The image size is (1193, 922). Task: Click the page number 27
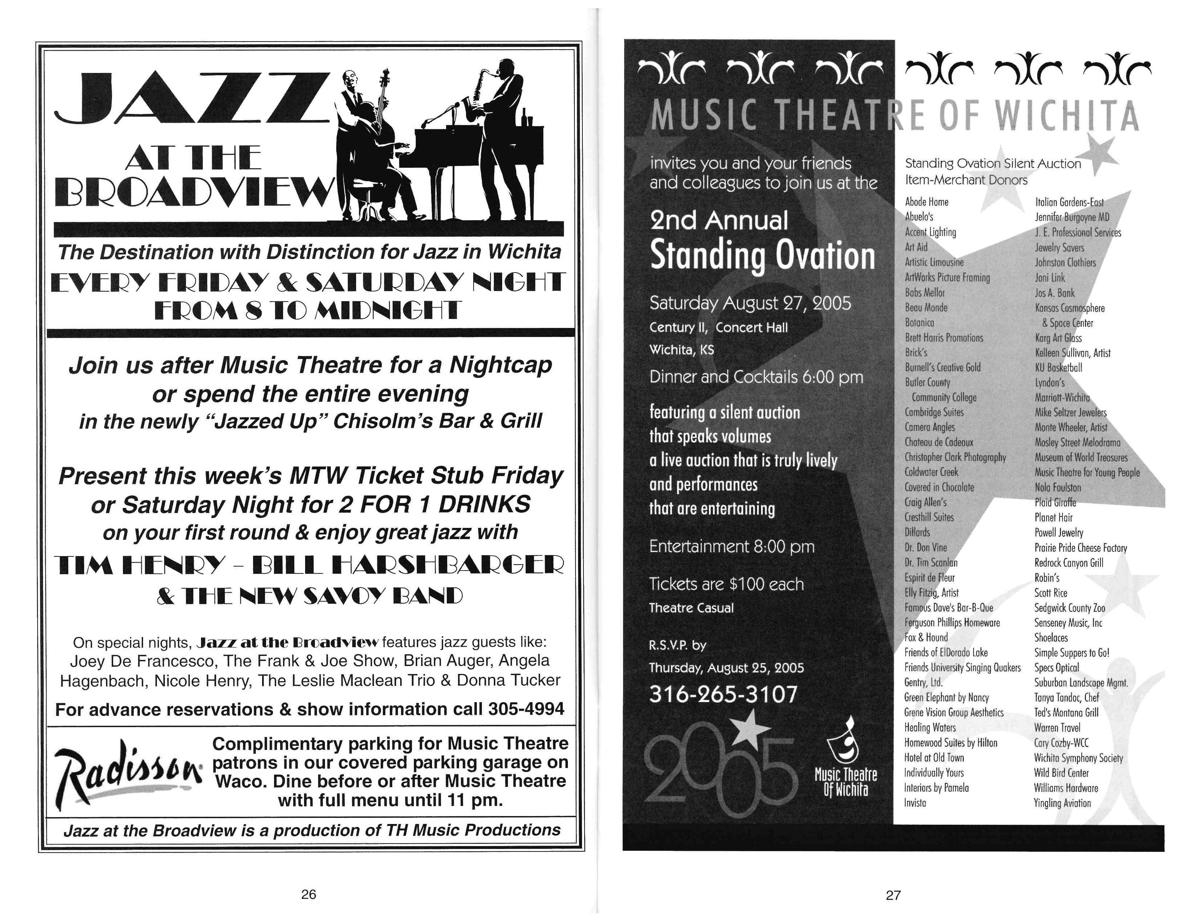pos(893,895)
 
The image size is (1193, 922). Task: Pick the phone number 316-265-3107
pos(723,694)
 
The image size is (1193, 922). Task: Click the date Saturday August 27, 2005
pos(749,303)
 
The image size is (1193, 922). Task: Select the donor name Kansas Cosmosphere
pos(1069,308)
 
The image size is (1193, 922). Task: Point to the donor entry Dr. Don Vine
pos(925,547)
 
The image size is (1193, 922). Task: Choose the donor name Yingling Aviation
pos(1062,803)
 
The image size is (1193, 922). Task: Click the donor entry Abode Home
pos(927,202)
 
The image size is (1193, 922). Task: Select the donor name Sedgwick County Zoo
pos(1069,608)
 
